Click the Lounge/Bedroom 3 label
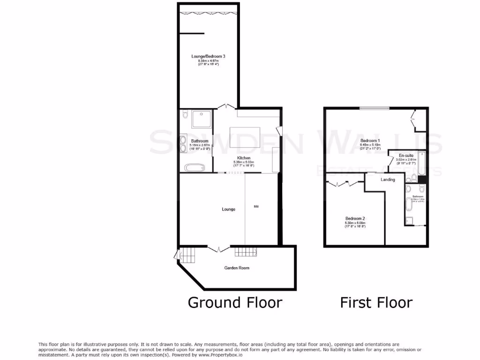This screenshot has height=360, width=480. [208, 56]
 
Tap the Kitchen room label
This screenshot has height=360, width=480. [243, 158]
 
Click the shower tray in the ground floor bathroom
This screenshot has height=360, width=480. [202, 120]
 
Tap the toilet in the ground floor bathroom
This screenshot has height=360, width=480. [184, 114]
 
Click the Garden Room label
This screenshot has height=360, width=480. [237, 268]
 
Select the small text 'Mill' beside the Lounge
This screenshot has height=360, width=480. [256, 206]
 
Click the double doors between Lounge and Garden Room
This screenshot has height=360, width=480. [219, 249]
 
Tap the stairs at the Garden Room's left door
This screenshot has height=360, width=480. [187, 255]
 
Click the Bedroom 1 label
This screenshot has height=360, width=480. [370, 141]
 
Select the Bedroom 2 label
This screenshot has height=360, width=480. [355, 218]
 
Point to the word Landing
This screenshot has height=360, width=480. [388, 180]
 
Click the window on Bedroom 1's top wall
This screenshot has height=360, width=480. [375, 109]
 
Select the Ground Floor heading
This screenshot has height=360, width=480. [235, 302]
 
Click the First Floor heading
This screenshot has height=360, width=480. [376, 302]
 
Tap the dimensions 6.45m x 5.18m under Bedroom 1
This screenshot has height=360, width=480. [370, 145]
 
